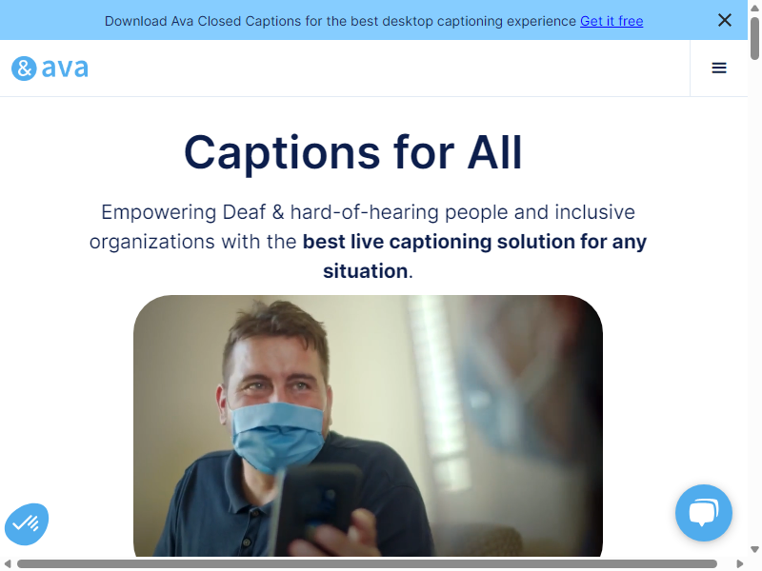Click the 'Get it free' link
click(x=612, y=21)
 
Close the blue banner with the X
click(x=725, y=20)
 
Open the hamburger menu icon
click(x=719, y=68)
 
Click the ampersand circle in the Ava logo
click(x=24, y=69)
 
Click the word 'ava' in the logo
click(x=65, y=68)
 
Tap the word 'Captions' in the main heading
click(x=282, y=153)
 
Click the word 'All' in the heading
click(x=494, y=152)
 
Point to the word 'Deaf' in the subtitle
click(x=244, y=212)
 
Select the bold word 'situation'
click(x=366, y=271)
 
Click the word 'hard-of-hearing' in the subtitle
click(x=365, y=212)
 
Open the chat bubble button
click(x=703, y=513)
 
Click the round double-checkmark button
click(x=27, y=524)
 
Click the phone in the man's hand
click(x=316, y=510)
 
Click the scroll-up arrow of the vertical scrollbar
click(x=754, y=9)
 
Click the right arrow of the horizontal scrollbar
click(x=740, y=563)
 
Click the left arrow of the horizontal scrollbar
click(x=8, y=563)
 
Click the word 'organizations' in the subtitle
click(x=152, y=242)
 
